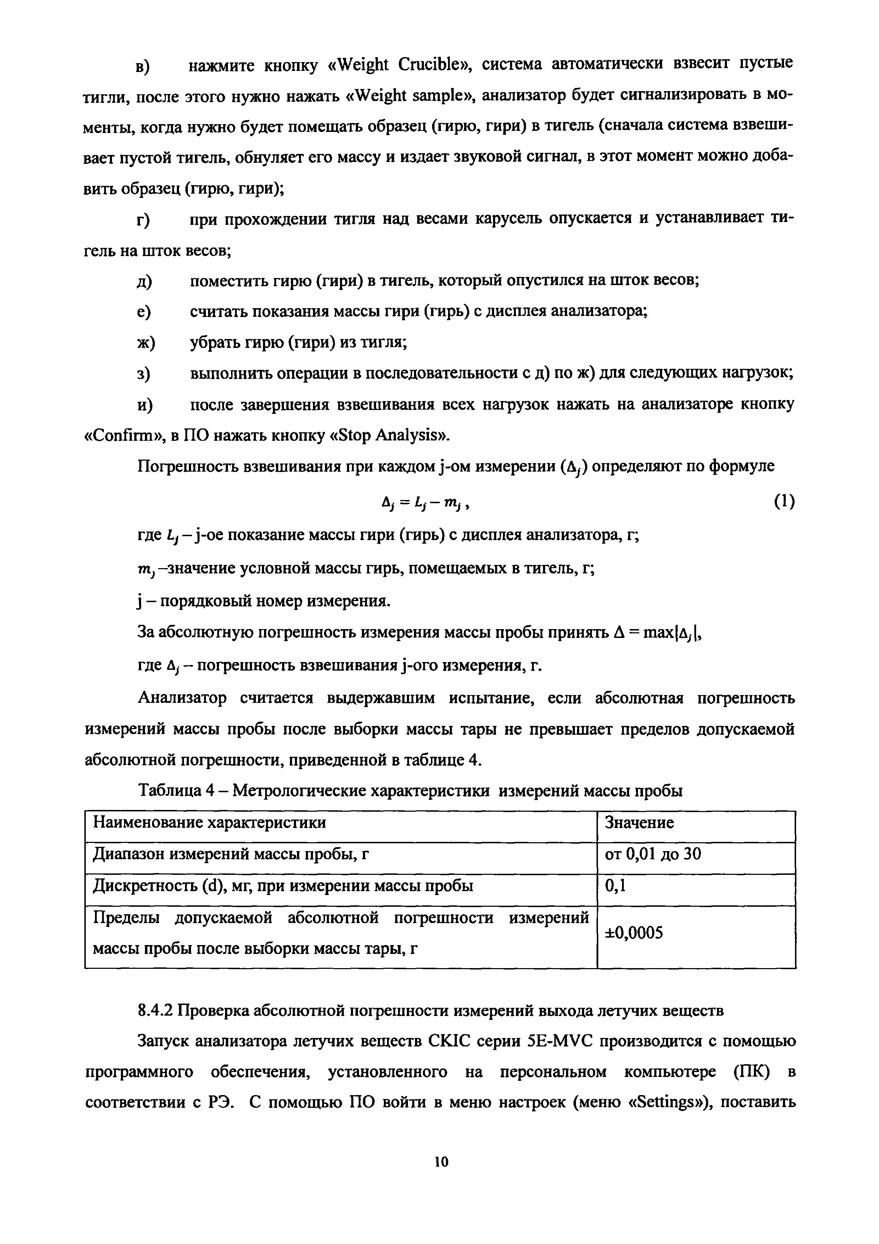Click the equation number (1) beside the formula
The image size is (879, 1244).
point(784,502)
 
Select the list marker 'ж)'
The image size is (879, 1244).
point(145,343)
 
